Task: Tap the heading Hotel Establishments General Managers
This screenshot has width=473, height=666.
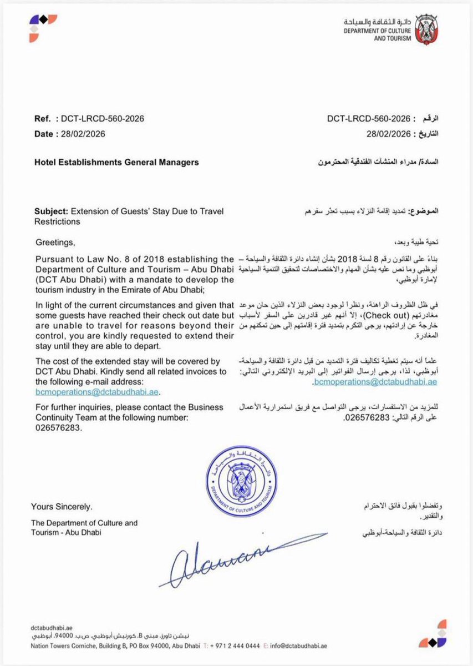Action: pos(116,163)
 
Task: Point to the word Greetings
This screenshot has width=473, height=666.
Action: pos(54,242)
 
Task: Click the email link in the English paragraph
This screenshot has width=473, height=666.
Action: pos(97,392)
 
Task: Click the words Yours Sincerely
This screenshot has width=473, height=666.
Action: pos(62,507)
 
